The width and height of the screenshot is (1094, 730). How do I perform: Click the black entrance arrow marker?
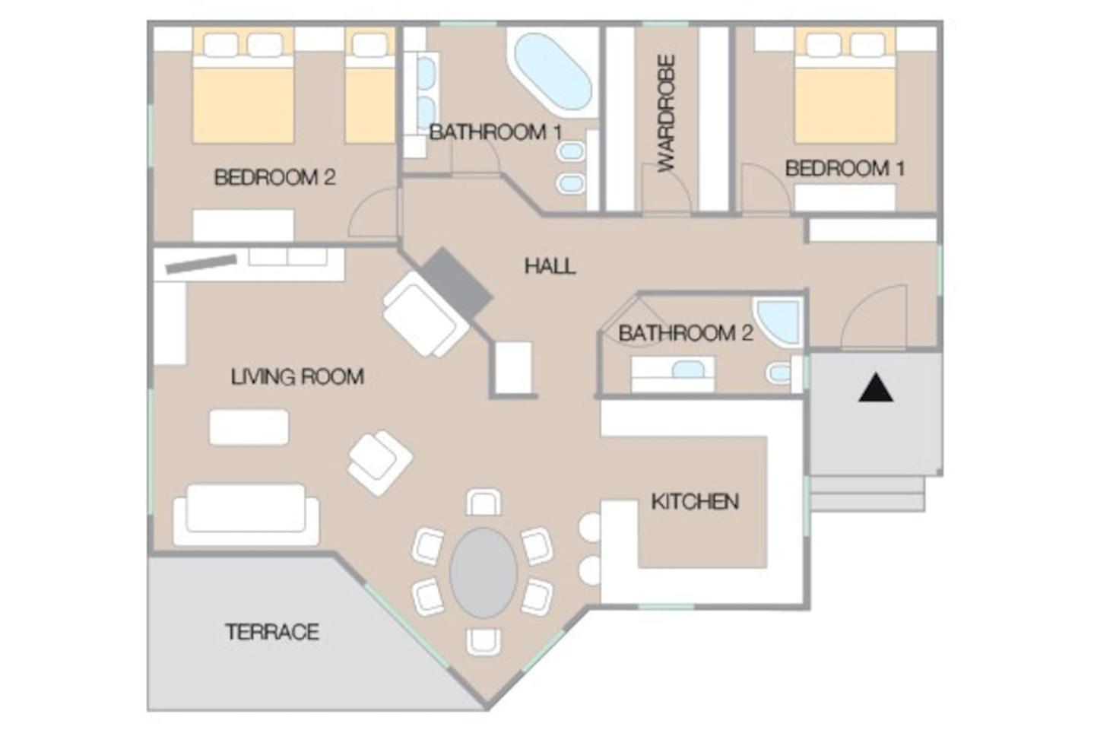point(876,388)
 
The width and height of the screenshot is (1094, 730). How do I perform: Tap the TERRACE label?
point(272,632)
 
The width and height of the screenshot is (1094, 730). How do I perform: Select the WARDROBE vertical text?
point(666,113)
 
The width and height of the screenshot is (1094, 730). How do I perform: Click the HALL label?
point(550,266)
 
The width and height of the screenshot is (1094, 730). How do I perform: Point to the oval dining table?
point(483,573)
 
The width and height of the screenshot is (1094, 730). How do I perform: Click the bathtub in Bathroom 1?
point(553,71)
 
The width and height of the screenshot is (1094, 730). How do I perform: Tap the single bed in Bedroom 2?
point(369,85)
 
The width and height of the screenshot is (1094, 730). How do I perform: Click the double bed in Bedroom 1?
point(845,85)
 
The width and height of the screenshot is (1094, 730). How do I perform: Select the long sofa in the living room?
point(246,515)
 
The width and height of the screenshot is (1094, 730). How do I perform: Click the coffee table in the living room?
point(249,427)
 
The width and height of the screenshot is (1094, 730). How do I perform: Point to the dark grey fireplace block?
point(456,283)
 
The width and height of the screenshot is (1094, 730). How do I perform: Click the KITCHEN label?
point(695,502)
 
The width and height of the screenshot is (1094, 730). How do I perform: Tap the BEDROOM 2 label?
point(275,177)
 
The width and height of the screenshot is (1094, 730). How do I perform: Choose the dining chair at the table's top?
point(484,503)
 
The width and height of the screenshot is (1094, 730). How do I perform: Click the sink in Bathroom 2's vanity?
point(688,370)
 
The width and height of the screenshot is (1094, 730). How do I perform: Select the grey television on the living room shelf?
point(201,264)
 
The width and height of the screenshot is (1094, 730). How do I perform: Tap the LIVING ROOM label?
point(297,376)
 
